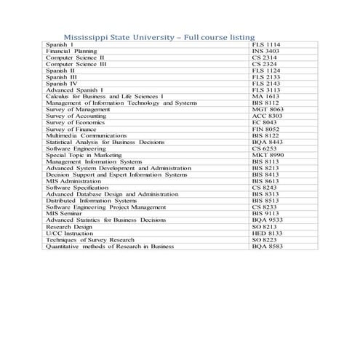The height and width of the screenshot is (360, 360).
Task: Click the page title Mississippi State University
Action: [159, 36]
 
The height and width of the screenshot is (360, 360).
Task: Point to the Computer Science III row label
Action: [76, 63]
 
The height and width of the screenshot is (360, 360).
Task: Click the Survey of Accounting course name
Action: [76, 115]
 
